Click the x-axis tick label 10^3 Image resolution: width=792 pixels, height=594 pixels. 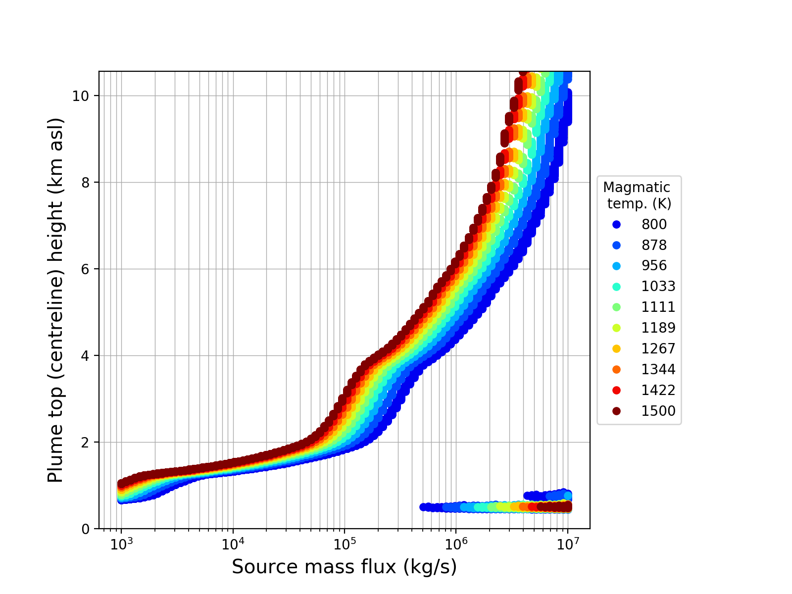pos(121,544)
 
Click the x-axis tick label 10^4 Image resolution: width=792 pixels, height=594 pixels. pos(233,544)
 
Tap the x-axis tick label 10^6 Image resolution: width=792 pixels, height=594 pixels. pos(456,544)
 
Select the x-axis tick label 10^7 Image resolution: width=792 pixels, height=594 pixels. pos(568,544)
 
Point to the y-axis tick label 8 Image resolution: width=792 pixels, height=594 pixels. pos(88,183)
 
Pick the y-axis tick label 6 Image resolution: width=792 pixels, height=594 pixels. pos(88,269)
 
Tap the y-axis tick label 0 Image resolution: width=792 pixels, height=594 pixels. pos(88,529)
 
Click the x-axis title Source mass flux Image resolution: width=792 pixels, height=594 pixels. pos(344,567)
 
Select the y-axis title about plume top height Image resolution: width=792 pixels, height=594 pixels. pos(56,300)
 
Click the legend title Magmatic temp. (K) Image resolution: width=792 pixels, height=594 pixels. pos(639,196)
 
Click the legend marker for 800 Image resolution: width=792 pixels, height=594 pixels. pos(616,225)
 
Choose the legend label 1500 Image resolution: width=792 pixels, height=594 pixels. pos(658,411)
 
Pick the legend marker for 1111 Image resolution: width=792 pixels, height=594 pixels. pos(616,307)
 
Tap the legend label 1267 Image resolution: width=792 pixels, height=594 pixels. pos(658,349)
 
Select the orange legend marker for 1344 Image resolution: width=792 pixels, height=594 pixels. pos(616,370)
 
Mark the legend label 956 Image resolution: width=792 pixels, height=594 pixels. pos(654,266)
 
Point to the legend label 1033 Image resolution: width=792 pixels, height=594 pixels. pos(658,287)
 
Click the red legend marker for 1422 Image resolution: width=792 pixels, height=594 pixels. pos(616,391)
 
